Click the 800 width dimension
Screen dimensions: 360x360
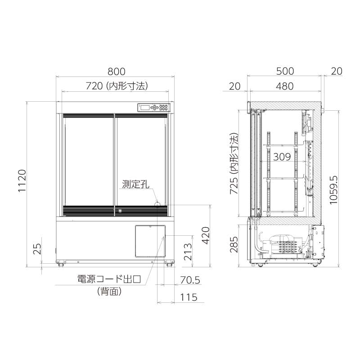pyautogui.click(x=116, y=71)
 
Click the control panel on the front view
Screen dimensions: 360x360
pyautogui.click(x=154, y=108)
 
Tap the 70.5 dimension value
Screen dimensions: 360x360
pyautogui.click(x=189, y=280)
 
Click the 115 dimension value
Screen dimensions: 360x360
pyautogui.click(x=189, y=297)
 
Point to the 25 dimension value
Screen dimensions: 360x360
pyautogui.click(x=37, y=248)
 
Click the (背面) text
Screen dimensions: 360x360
pyautogui.click(x=109, y=292)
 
